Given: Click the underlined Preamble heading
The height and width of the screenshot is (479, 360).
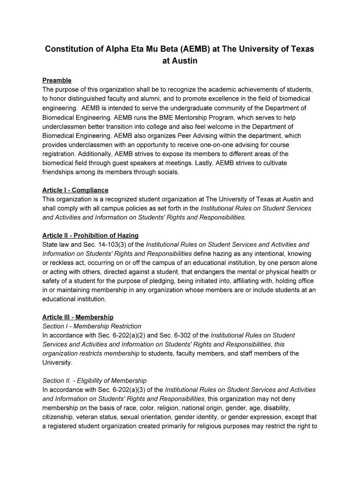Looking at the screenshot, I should [x=57, y=80].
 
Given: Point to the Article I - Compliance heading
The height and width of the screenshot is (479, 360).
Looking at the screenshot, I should [x=75, y=190].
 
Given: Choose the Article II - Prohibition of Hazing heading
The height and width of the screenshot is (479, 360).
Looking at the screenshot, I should [x=90, y=235].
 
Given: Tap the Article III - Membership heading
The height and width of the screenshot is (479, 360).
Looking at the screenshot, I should [x=78, y=317].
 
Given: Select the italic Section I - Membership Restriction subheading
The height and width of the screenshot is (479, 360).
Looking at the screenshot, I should [x=92, y=326].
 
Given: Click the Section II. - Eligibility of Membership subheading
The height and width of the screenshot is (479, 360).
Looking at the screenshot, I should [x=94, y=381].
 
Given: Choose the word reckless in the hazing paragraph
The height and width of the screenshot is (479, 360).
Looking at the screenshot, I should [x=61, y=263].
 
